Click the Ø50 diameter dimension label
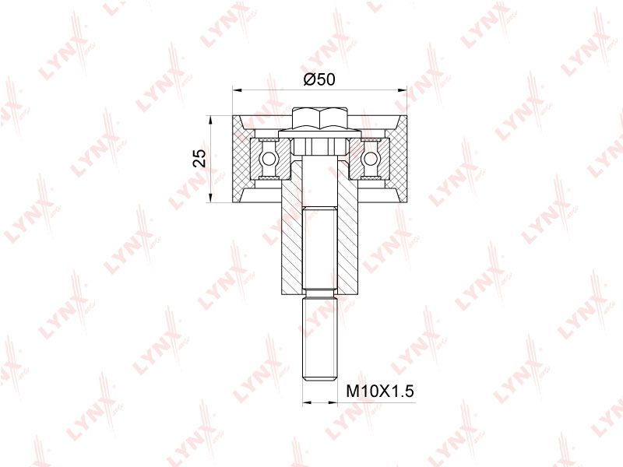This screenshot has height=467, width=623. point(319,79)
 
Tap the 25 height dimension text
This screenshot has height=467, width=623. point(200,159)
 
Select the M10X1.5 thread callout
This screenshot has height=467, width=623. point(380,392)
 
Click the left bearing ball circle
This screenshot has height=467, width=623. point(267,159)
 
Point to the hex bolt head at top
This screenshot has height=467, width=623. point(320,118)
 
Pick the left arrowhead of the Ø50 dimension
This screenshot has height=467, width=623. point(238,90)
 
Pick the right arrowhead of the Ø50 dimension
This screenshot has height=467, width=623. point(402,90)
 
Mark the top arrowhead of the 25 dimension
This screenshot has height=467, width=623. point(210,121)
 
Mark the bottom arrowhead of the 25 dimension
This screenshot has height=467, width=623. point(210,198)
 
